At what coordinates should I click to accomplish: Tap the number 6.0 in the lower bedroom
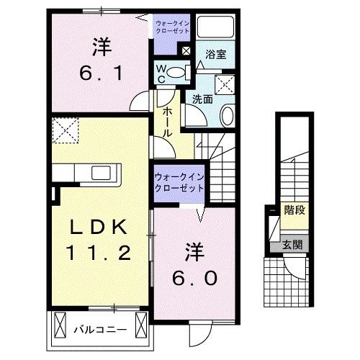tap(194, 277)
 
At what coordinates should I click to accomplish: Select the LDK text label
tap(99, 229)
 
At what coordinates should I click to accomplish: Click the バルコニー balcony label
tap(101, 330)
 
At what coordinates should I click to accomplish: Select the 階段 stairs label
tap(293, 211)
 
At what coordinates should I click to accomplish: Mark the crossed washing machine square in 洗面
tap(224, 84)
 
